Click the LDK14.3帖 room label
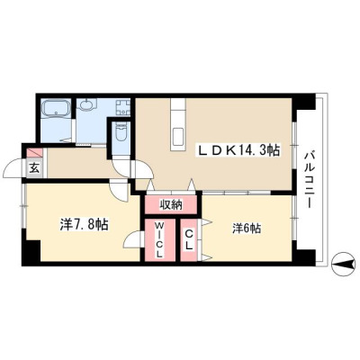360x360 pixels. point(238,150)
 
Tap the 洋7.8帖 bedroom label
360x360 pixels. point(84,224)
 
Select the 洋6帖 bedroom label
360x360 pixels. point(247,229)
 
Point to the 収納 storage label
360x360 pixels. point(171,205)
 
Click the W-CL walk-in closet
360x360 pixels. point(159,240)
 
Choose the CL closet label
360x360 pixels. point(188,239)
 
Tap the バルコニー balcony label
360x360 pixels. point(310,180)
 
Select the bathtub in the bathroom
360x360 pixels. point(57,109)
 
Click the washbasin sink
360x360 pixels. point(87,105)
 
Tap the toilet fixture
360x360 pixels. point(121,133)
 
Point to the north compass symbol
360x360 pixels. point(342,264)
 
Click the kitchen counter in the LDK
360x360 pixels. point(178,124)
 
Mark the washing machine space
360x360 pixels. point(123,107)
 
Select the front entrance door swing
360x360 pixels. point(13,169)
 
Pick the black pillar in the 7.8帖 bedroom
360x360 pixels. point(31,250)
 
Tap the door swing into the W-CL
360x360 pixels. point(132,239)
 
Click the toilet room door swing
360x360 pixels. point(122,167)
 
